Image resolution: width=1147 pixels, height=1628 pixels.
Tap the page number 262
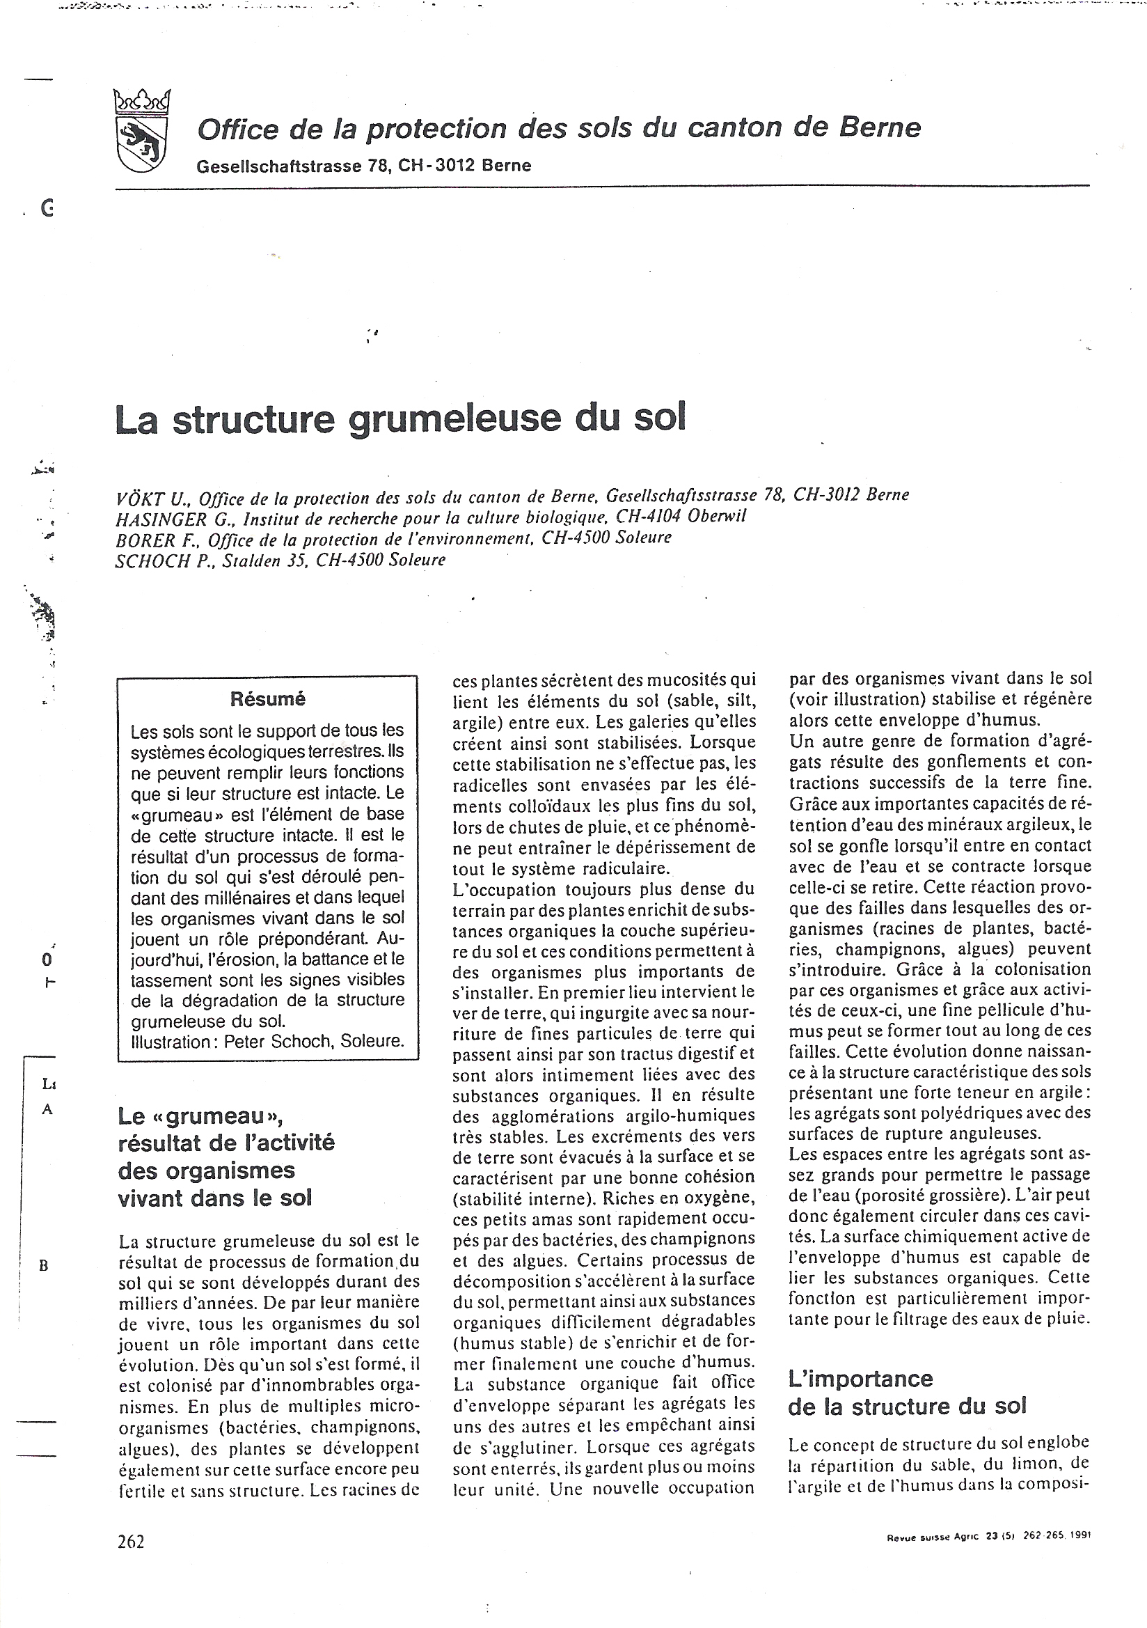[131, 1542]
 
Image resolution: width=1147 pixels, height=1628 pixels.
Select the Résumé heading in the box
[267, 699]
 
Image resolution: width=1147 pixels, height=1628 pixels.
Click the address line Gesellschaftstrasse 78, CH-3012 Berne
[363, 166]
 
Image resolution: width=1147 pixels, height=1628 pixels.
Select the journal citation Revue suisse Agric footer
[988, 1536]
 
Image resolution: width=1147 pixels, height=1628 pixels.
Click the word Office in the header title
[238, 130]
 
